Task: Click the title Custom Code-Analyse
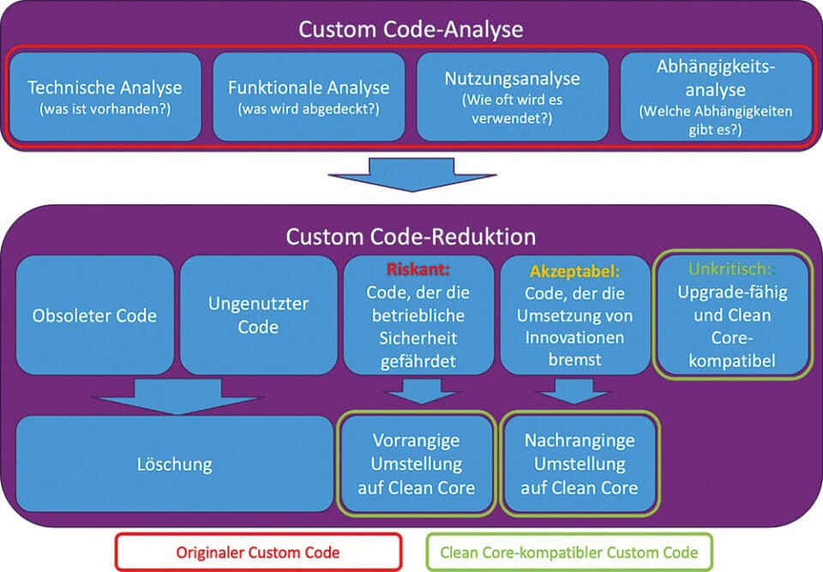[x=411, y=28]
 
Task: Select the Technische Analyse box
[x=105, y=96]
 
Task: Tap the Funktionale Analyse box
[x=309, y=96]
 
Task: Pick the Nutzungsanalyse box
[x=512, y=96]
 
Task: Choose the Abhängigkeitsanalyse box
[x=716, y=96]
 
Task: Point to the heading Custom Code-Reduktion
[x=411, y=236]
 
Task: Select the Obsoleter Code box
[x=94, y=315]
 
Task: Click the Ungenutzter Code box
[x=258, y=315]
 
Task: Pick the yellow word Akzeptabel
[x=574, y=270]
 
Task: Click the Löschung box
[x=174, y=465]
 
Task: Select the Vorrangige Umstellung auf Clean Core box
[x=417, y=464]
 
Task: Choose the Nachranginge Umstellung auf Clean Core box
[x=580, y=464]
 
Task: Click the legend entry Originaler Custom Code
[x=258, y=551]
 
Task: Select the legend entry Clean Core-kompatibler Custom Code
[x=568, y=551]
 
